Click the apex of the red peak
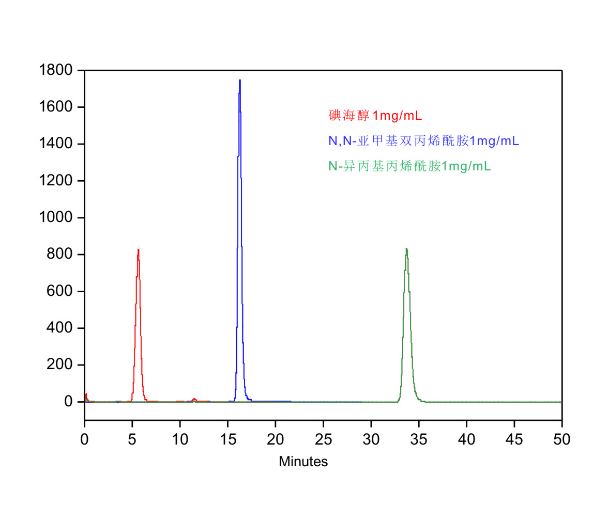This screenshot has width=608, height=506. (x=138, y=250)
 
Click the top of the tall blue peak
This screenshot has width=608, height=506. (x=240, y=81)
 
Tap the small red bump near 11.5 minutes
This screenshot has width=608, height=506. (x=194, y=399)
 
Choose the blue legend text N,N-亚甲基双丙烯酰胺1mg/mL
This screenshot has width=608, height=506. (x=424, y=140)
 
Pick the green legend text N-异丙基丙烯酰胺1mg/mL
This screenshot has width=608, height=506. (x=409, y=166)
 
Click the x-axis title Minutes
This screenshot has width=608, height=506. (x=303, y=462)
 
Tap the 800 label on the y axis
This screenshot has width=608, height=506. (x=62, y=255)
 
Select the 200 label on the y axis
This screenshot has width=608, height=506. (x=62, y=365)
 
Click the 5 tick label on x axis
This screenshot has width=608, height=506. (x=132, y=439)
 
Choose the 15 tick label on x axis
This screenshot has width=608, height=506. (x=228, y=439)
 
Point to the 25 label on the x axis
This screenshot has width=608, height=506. (x=323, y=439)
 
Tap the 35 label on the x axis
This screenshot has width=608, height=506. (x=419, y=439)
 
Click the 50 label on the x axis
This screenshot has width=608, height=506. (x=562, y=439)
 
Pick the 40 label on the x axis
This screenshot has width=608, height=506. (x=466, y=439)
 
